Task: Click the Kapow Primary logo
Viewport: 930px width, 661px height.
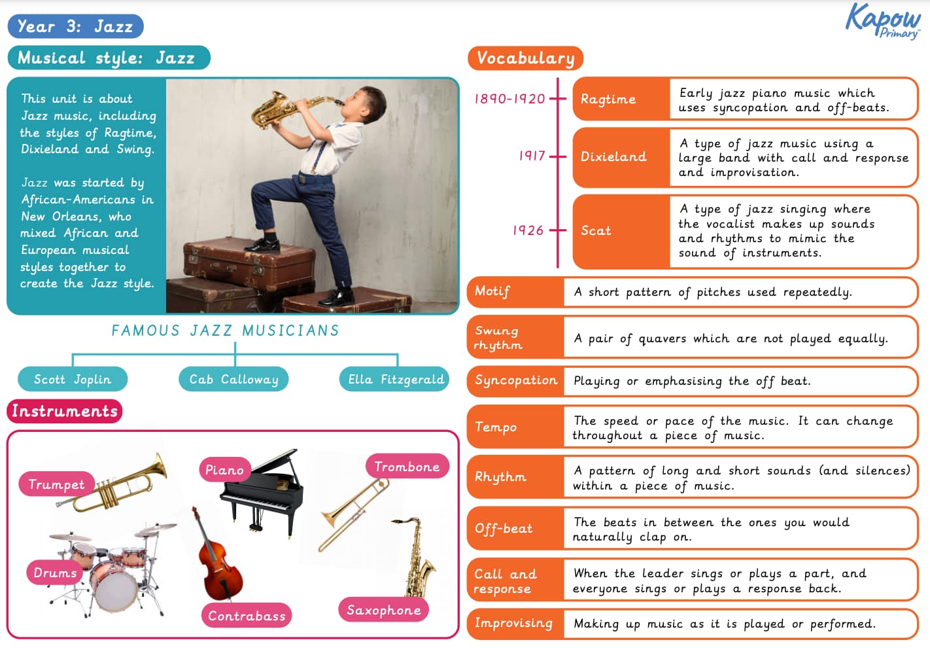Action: click(x=882, y=21)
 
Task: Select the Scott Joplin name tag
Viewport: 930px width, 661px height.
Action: click(x=73, y=379)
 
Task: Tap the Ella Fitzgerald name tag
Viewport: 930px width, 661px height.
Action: click(x=396, y=379)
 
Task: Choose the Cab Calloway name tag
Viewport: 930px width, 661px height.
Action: click(x=233, y=379)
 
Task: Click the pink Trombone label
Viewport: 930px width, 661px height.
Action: click(x=407, y=467)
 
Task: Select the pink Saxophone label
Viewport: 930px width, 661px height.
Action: click(x=383, y=610)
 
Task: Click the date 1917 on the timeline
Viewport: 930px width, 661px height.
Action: click(x=532, y=156)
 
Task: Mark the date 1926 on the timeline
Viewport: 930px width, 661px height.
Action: click(x=528, y=230)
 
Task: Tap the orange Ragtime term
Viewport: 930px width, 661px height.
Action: click(x=608, y=99)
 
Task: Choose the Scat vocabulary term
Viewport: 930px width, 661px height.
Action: click(x=596, y=230)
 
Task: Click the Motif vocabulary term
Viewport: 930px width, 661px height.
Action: click(x=492, y=291)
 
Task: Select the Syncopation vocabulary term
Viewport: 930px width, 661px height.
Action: click(x=515, y=380)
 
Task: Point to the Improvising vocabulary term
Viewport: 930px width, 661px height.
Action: click(x=513, y=623)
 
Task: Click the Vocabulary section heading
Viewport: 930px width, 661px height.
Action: click(x=525, y=58)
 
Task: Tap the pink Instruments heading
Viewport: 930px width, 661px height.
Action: click(x=65, y=411)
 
